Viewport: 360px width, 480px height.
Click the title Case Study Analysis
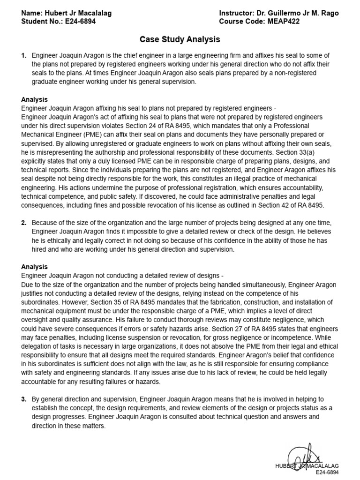(180, 40)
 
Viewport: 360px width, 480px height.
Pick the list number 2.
(23, 223)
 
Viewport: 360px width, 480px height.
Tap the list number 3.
(23, 399)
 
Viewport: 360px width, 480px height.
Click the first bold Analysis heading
(34, 99)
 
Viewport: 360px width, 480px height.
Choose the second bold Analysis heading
(34, 266)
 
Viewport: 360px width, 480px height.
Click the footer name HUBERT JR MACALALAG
(307, 466)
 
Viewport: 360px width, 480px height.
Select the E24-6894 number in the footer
(327, 473)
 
